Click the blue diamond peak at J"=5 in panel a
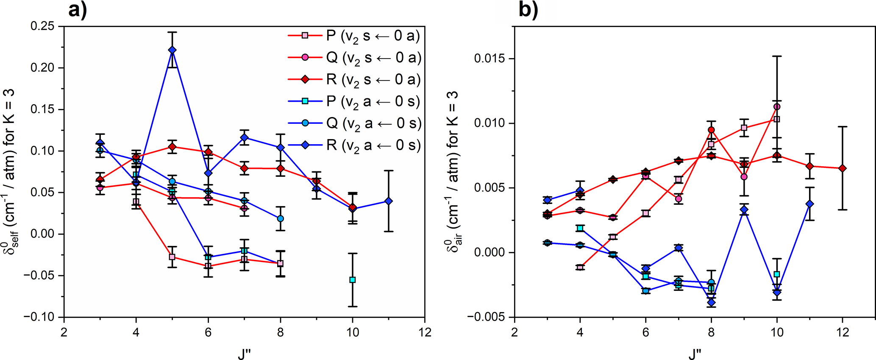[172, 50]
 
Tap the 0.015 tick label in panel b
[490, 59]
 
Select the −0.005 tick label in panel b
[487, 317]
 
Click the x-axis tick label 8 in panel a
[280, 332]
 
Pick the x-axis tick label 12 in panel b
[843, 332]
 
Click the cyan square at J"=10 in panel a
[353, 280]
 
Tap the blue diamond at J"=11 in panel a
[389, 201]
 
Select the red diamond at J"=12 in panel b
[843, 168]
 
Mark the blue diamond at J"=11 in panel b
[810, 204]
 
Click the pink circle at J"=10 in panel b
[777, 107]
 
